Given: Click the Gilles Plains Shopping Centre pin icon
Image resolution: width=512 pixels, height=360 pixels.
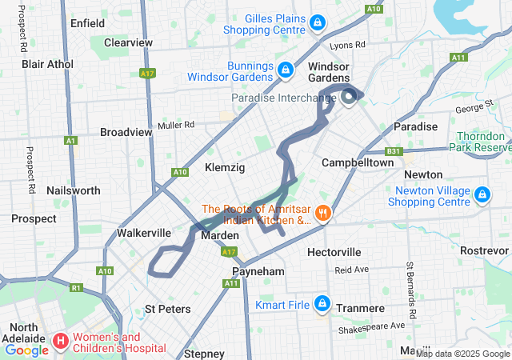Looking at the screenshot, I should [318, 22].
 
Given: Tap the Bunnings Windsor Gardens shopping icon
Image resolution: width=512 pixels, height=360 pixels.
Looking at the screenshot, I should [284, 71].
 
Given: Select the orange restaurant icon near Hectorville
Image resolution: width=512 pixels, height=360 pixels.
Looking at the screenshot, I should [323, 213].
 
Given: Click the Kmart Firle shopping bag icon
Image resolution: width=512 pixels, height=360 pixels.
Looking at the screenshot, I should [322, 304].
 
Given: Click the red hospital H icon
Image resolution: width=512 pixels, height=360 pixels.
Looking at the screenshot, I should [61, 342].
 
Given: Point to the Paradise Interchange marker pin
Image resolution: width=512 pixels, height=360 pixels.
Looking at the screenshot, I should [349, 98].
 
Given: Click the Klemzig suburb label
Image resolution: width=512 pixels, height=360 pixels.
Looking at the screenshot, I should [225, 167].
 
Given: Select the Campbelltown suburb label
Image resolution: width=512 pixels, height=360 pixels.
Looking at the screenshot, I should [358, 162].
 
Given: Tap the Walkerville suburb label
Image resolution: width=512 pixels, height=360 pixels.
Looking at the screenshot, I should [144, 233].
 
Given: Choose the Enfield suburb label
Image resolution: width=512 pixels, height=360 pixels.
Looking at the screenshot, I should [87, 23].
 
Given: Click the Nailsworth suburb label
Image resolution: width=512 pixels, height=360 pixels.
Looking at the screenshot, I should [74, 190].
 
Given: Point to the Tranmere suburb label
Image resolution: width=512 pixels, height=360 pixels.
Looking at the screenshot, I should [357, 309].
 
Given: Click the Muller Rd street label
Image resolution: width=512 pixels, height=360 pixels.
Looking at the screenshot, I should [176, 125].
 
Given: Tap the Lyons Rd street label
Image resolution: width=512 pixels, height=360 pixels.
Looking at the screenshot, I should [347, 46].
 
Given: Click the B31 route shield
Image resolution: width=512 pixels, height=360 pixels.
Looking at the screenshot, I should [393, 150].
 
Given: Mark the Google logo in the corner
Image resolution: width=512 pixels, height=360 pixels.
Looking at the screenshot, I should [26, 350].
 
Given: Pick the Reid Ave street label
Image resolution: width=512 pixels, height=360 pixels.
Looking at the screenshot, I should [351, 270].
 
